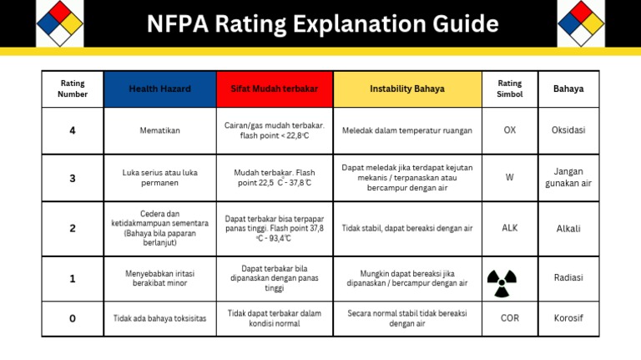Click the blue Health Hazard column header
tap(159, 89)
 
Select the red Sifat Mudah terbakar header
tap(274, 89)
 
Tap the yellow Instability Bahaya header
tap(406, 89)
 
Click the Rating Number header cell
tap(73, 89)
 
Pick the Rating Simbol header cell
tap(509, 89)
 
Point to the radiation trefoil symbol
tap(502, 283)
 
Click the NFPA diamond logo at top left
tap(59, 23)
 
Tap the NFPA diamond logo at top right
tap(580, 23)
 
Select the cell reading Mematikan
tap(159, 130)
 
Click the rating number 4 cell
tap(73, 130)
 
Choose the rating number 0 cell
tap(73, 318)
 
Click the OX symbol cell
tap(509, 130)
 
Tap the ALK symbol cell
tap(509, 228)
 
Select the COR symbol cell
tap(509, 318)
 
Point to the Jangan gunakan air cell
tap(568, 177)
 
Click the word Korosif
tap(568, 318)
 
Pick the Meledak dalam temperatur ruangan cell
tap(406, 130)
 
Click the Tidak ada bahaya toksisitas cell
tap(159, 318)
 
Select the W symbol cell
tap(509, 177)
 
